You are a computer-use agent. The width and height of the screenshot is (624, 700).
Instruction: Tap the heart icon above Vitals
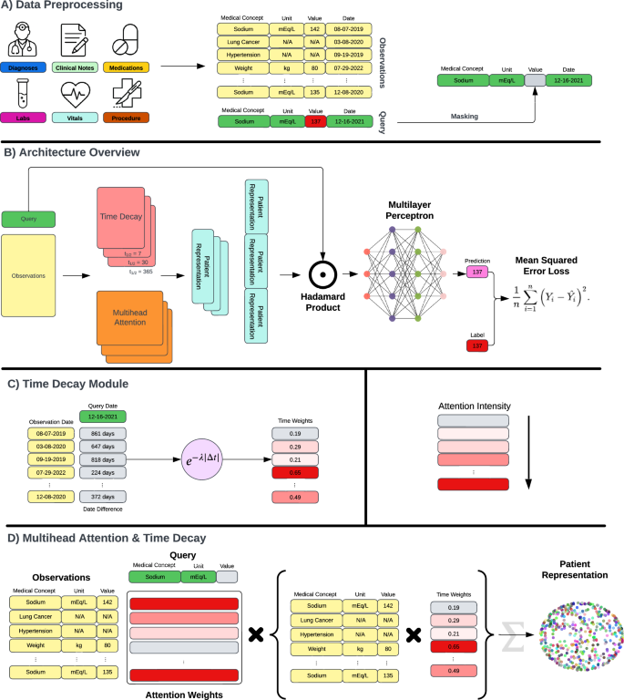click(77, 93)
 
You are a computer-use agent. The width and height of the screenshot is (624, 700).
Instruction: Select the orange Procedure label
click(126, 117)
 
